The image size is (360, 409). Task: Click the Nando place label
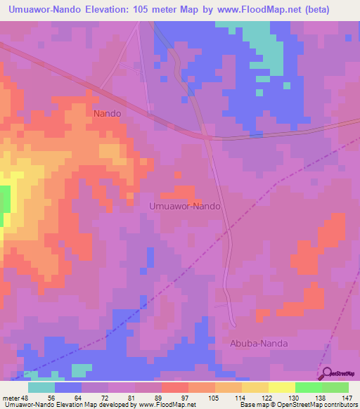coord(108,112)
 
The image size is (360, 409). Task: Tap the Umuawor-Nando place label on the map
coord(186,207)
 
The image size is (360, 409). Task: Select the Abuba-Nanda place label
coord(260,343)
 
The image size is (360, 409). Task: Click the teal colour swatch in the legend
coord(41,387)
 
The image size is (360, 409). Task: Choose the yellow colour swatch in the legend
coord(282,387)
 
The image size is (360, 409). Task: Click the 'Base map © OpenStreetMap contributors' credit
coord(297,405)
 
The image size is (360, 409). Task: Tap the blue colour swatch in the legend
coord(68,387)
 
